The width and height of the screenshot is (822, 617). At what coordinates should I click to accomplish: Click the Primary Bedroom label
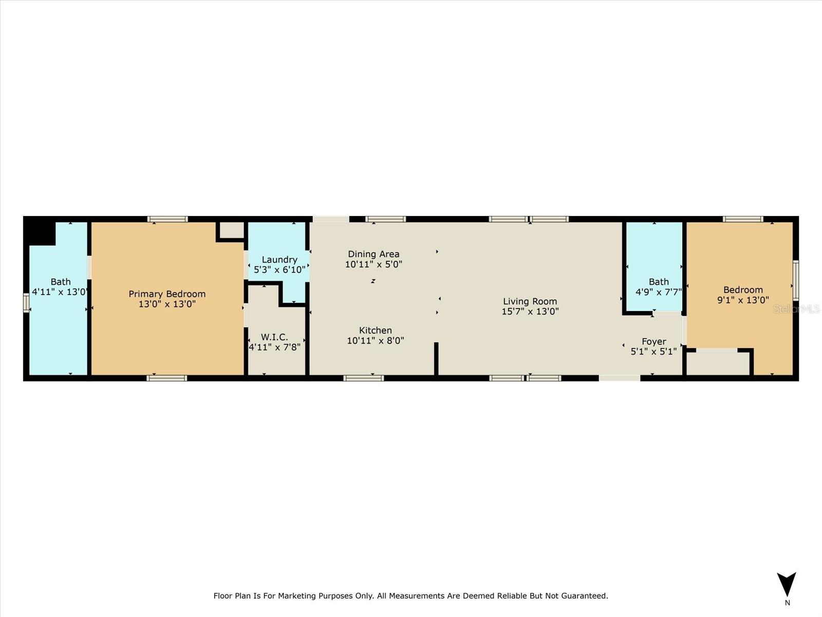[x=167, y=294]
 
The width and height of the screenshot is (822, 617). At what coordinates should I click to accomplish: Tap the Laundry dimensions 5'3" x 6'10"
[x=279, y=269]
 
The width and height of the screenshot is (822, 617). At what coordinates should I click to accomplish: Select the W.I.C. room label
[x=274, y=337]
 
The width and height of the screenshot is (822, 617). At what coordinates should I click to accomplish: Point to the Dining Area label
[x=373, y=254]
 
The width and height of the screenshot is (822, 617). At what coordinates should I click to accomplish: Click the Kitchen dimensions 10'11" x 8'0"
[x=375, y=340]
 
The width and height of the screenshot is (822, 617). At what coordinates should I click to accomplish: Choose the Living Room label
[x=530, y=301]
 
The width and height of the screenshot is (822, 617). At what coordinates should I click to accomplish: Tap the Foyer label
[x=653, y=341]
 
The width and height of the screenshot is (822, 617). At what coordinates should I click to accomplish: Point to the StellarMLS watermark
[x=796, y=308]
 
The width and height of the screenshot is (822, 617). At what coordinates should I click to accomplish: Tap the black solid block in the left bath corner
[x=39, y=231]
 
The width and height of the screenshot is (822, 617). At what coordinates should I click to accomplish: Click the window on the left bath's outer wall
[x=26, y=302]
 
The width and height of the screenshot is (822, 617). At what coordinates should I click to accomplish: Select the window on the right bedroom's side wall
[x=795, y=280]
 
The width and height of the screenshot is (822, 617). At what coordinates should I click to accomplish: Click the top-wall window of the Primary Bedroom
[x=167, y=219]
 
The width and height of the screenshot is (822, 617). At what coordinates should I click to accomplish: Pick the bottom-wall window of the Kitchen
[x=363, y=378]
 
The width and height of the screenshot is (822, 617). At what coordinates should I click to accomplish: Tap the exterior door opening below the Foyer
[x=620, y=378]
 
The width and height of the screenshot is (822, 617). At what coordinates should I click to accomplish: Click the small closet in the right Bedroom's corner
[x=718, y=363]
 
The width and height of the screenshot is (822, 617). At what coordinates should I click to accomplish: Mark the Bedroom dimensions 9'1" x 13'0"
[x=743, y=300]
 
